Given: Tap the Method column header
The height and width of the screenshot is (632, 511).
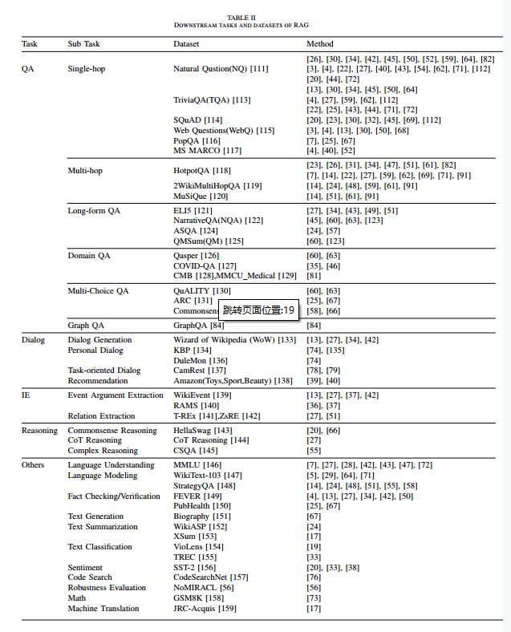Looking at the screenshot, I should [x=320, y=43].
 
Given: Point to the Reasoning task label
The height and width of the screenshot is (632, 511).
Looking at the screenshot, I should [x=39, y=431].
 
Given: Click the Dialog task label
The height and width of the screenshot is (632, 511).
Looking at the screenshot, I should [x=33, y=340].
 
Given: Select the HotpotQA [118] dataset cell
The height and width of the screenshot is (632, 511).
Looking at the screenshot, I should [x=202, y=170].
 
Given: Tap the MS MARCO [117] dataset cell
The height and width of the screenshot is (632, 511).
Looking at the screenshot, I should [x=207, y=150].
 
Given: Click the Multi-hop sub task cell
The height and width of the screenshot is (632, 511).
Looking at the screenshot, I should [x=85, y=170].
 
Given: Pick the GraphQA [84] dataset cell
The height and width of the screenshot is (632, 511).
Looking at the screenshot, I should [x=198, y=326].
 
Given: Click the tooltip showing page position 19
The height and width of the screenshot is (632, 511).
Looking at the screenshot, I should [x=259, y=310].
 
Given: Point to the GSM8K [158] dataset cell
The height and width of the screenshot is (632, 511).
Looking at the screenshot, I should [x=199, y=598].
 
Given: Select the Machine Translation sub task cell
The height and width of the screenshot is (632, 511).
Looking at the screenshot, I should [x=103, y=608].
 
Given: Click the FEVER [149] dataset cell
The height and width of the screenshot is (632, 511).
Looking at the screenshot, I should [x=198, y=496].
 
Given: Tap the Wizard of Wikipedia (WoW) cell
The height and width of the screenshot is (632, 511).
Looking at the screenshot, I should [x=234, y=340].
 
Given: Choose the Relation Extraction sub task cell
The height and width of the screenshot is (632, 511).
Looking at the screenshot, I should [x=101, y=416].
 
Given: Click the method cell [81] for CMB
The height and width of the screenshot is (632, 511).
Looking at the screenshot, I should [x=314, y=276].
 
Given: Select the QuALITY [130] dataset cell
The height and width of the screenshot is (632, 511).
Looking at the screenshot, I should [x=202, y=290].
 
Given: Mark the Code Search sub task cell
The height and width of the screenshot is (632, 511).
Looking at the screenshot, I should [x=90, y=577].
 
